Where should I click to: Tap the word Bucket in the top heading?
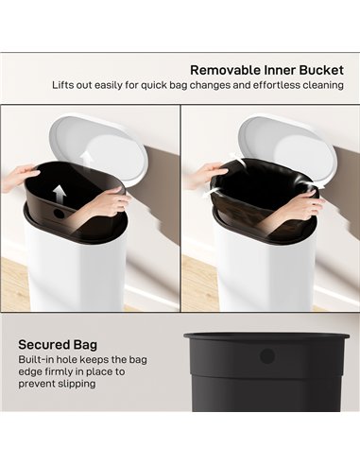pos(318,69)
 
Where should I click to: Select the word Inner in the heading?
pos(278,69)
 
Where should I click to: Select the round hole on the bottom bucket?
pos(266,355)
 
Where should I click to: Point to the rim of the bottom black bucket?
pos(266,335)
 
